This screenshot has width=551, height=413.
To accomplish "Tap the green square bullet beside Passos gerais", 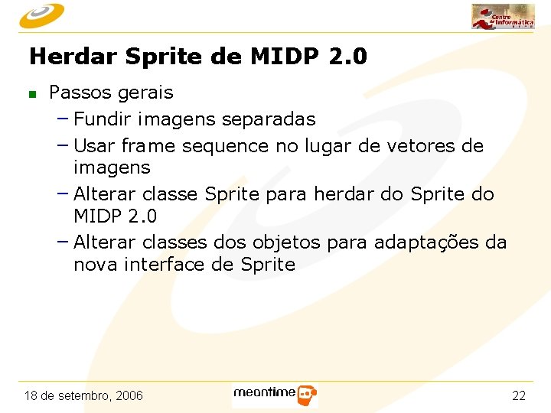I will coord(32,95).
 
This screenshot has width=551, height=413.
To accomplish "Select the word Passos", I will coord(79,93).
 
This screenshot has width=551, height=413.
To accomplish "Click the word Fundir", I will coord(103,119).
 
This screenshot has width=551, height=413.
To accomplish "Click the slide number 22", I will coord(518,396).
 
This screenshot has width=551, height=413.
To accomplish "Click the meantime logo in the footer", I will coord(275,395).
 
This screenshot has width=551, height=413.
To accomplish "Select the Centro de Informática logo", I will coord(502,16).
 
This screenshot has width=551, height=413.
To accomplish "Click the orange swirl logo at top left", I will coord(43,15).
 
